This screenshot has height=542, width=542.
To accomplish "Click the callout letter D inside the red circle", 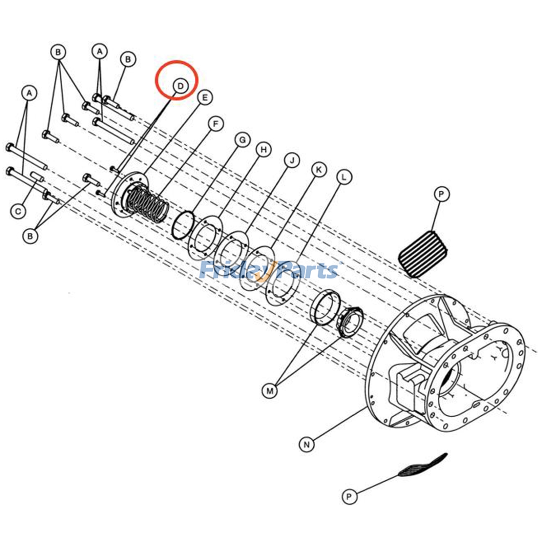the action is (180, 86).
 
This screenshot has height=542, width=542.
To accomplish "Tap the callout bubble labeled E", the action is (205, 98).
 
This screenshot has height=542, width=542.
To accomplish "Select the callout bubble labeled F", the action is (216, 124).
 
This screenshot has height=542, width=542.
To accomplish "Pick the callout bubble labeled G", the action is (243, 140).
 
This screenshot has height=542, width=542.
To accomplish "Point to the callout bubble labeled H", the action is (264, 149).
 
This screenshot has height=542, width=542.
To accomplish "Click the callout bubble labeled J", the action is (292, 160).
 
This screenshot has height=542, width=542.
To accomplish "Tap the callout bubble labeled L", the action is (344, 177).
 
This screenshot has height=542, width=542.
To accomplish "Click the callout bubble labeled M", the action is (270, 391).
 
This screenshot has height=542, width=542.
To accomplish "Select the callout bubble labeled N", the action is (307, 444).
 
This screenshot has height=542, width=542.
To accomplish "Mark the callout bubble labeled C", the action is (18, 212).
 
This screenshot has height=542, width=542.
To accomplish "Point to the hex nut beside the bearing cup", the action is (350, 323).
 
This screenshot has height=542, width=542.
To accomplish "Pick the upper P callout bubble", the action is (441, 194).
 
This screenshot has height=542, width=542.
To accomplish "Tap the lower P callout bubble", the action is (349, 497).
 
